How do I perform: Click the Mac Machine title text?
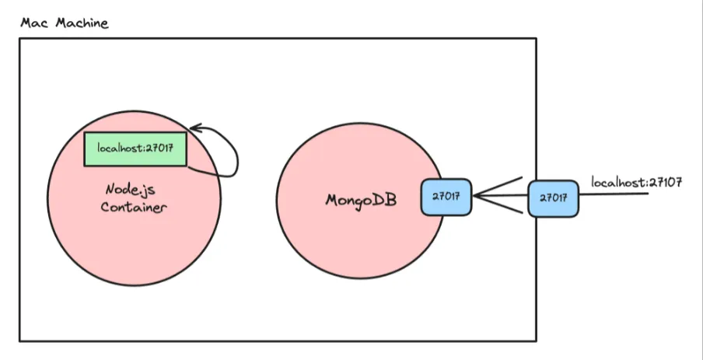[65, 23]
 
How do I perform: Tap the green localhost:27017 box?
[135, 149]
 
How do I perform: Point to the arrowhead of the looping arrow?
[193, 128]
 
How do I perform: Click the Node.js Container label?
[134, 198]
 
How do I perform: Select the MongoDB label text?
[361, 199]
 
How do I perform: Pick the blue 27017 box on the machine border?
[553, 198]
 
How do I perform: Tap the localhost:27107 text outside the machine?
[636, 183]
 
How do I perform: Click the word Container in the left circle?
[134, 208]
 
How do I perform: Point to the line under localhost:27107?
[614, 194]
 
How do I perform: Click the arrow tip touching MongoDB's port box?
[474, 196]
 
